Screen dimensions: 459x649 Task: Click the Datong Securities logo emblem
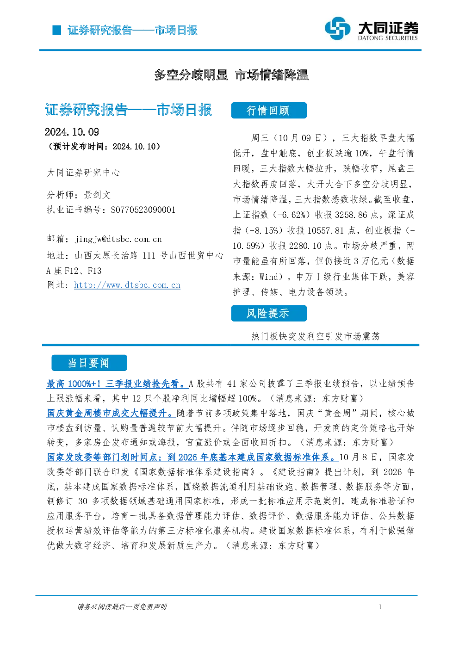(x=337, y=28)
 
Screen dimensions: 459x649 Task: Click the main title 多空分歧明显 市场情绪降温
(x=231, y=75)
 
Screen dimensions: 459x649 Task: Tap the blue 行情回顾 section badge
(x=269, y=111)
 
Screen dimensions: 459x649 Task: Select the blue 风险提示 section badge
(x=269, y=313)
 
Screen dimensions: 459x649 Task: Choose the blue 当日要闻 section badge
(x=89, y=363)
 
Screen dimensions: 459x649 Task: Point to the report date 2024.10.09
(x=72, y=132)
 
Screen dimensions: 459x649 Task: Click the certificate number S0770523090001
(x=143, y=210)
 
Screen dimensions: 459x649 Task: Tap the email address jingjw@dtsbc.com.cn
(x=118, y=239)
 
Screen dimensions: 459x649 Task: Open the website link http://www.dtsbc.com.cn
(x=127, y=285)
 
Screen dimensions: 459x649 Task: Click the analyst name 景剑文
(x=97, y=195)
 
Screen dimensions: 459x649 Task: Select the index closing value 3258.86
(x=351, y=215)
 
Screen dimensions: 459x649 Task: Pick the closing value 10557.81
(x=326, y=231)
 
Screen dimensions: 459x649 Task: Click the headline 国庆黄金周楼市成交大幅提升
(x=111, y=413)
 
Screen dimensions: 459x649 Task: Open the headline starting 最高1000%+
(x=118, y=384)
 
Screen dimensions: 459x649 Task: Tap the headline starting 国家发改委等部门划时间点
(x=192, y=457)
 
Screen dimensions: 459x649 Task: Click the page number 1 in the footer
(x=380, y=607)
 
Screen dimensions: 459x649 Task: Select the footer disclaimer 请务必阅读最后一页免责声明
(x=122, y=607)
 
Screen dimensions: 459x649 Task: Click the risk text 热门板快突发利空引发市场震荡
(x=316, y=336)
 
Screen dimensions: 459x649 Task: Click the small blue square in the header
(x=57, y=30)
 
